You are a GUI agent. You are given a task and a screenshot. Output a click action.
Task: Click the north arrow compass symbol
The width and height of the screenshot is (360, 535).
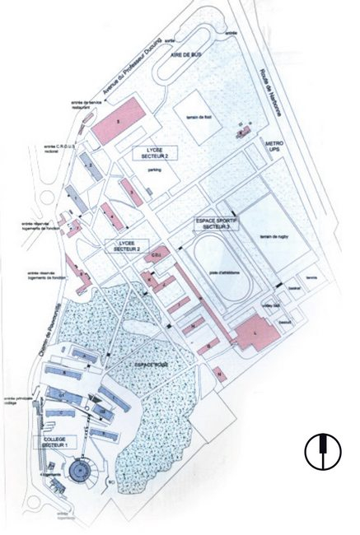pyautogui.click(x=323, y=449)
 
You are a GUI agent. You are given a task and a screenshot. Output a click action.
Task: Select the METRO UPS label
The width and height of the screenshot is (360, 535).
pyautogui.click(x=274, y=149)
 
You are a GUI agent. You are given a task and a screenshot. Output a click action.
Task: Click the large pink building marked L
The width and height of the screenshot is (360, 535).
pyautogui.click(x=255, y=333)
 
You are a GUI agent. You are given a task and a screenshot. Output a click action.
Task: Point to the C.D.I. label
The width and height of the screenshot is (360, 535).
pyautogui.click(x=154, y=256)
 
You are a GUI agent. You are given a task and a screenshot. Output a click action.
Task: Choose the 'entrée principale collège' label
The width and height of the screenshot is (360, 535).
pyautogui.click(x=16, y=401)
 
